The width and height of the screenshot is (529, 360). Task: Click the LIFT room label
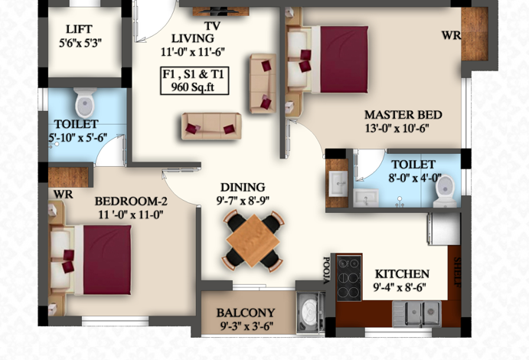pyautogui.click(x=79, y=29)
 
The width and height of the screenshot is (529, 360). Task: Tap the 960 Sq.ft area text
pyautogui.click(x=193, y=87)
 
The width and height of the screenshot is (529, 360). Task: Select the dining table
pyautogui.click(x=253, y=240)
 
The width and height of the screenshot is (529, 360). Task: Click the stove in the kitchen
pyautogui.click(x=349, y=278)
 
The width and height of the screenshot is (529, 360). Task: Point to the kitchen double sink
pyautogui.click(x=416, y=313)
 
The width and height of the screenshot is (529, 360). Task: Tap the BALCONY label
pyautogui.click(x=246, y=313)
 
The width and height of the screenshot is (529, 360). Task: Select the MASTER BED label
pyautogui.click(x=403, y=115)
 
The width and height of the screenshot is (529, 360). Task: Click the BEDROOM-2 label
pyautogui.click(x=131, y=201)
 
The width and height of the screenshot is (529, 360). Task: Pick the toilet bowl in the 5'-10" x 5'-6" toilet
pyautogui.click(x=85, y=102)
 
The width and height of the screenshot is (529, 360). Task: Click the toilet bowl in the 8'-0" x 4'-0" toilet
pyautogui.click(x=446, y=191)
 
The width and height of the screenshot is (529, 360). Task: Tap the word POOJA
pyautogui.click(x=326, y=270)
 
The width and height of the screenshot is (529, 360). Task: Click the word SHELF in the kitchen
pyautogui.click(x=457, y=272)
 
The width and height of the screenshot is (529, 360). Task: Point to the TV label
pyautogui.click(x=212, y=26)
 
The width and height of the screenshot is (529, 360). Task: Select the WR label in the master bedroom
pyautogui.click(x=451, y=35)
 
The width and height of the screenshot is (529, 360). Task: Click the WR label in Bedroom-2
pyautogui.click(x=63, y=195)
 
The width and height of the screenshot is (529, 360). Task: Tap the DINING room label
pyautogui.click(x=243, y=187)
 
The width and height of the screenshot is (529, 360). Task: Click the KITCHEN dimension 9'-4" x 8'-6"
pyautogui.click(x=400, y=287)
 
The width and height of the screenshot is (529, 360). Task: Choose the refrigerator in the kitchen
pyautogui.click(x=444, y=229)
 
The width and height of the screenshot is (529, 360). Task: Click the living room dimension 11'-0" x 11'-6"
pyautogui.click(x=193, y=52)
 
